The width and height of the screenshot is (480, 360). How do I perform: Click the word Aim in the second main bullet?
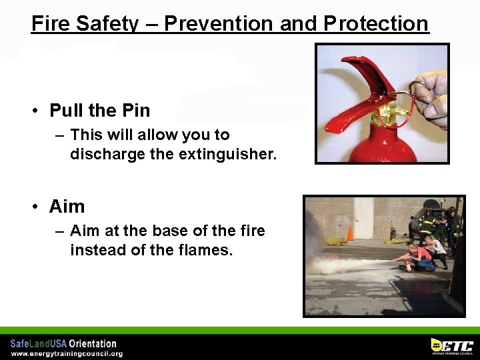(x=67, y=207)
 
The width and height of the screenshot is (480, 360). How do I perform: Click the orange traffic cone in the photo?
(x=350, y=233)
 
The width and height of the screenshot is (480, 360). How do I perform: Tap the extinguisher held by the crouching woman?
(x=407, y=265)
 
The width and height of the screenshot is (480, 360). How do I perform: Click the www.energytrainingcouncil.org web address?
(x=67, y=353)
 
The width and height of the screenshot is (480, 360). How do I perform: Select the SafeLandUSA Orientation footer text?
(x=63, y=343)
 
